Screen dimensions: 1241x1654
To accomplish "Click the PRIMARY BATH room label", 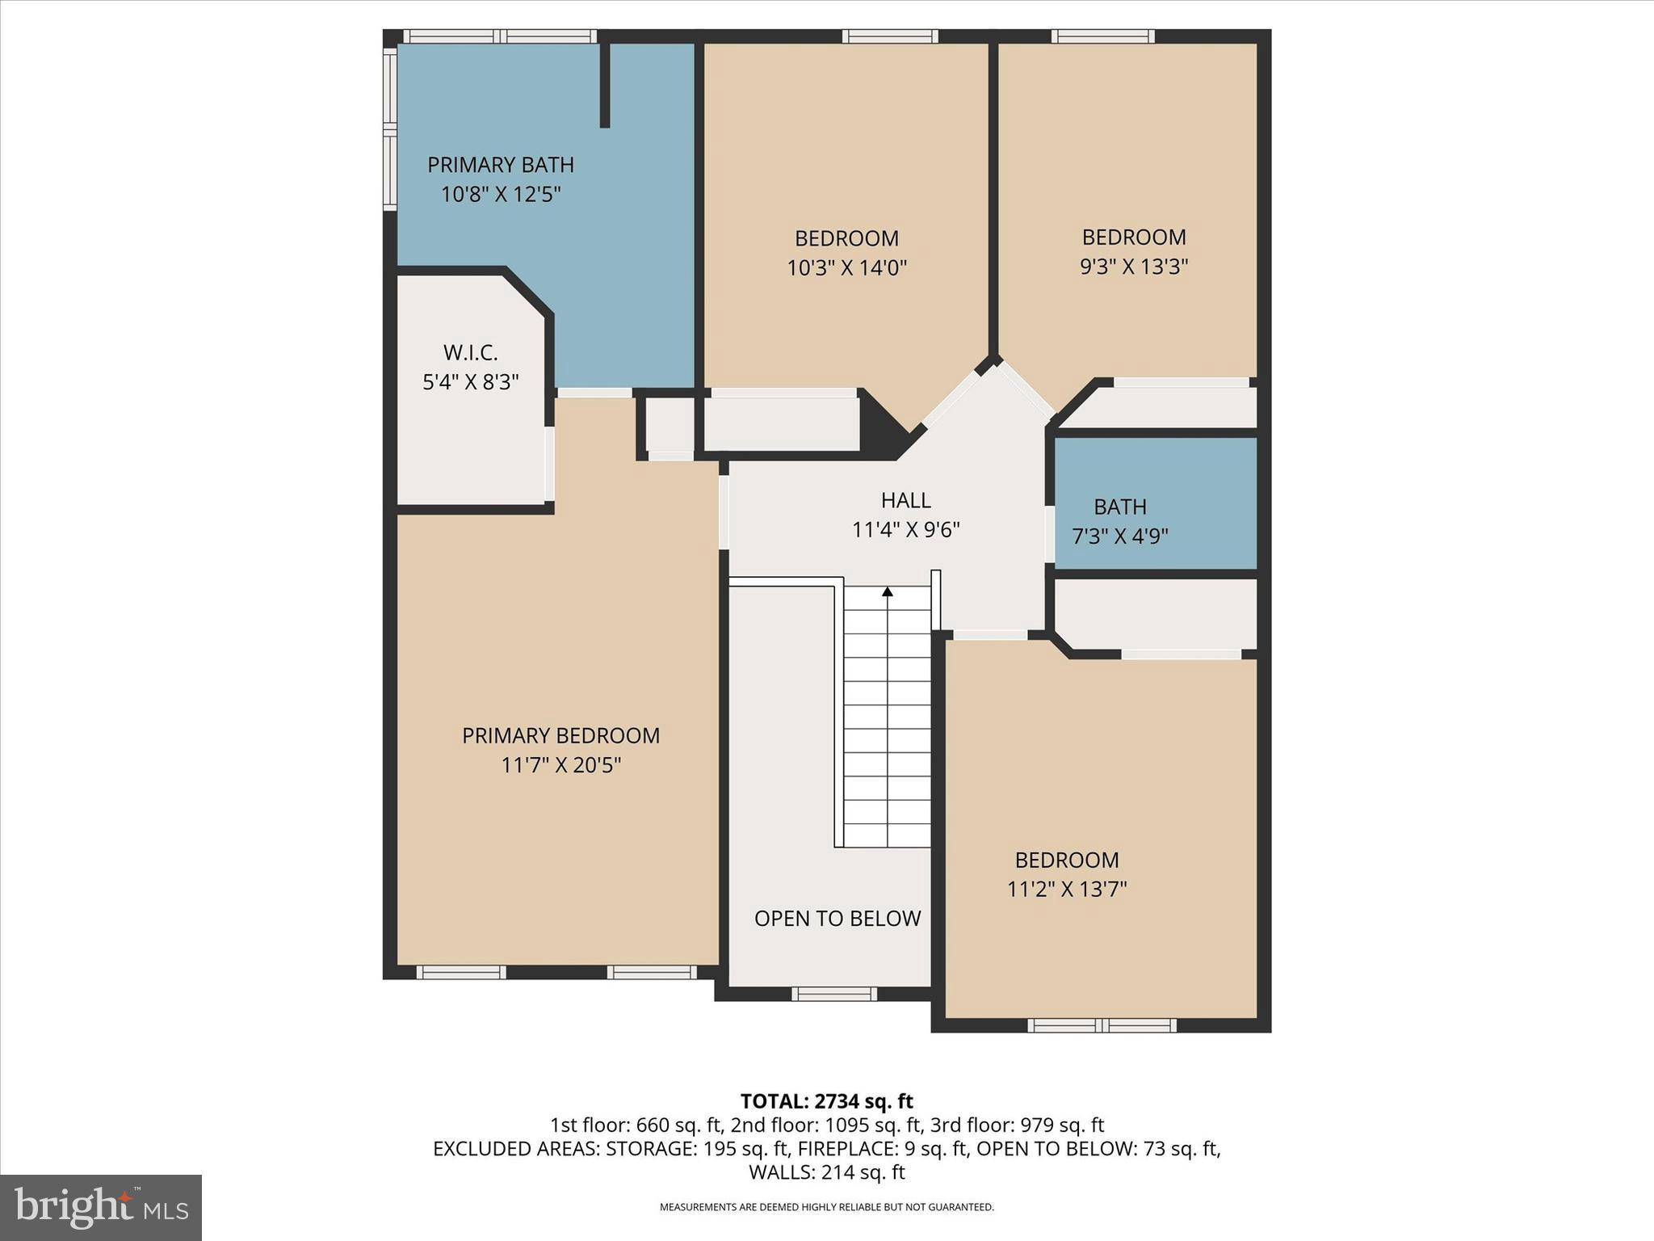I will click(500, 165).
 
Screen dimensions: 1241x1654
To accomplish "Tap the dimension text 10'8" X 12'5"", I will click(500, 195).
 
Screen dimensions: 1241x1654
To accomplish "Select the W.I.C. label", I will click(470, 353).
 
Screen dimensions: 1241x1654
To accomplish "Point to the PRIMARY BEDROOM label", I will click(560, 736).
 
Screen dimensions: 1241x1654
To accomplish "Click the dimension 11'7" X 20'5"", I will click(560, 765).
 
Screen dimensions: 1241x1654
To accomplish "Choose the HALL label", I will click(905, 501).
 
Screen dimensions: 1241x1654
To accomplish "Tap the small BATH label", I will click(1119, 507).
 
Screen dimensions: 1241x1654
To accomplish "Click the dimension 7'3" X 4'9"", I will click(1119, 536).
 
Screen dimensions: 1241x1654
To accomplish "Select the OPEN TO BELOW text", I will click(837, 919).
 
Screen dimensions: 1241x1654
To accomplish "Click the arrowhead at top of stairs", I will click(887, 592).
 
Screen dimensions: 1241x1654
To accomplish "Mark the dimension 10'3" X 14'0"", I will click(846, 268).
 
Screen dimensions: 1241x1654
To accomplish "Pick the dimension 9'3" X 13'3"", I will click(1133, 267).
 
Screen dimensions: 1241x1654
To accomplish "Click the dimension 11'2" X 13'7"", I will click(1066, 890).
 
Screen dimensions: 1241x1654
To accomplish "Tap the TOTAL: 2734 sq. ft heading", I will click(826, 1101).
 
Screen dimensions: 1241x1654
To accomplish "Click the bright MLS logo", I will click(101, 1208).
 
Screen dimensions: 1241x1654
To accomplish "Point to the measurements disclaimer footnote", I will click(826, 1207).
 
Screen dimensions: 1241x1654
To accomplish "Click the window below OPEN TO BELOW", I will click(833, 994).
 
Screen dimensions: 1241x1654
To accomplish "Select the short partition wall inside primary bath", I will click(604, 85).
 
